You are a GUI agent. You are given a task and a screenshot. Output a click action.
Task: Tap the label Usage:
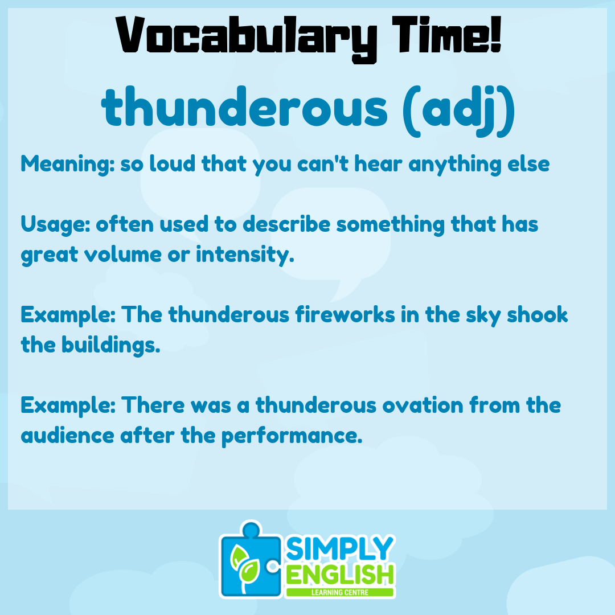click(x=55, y=224)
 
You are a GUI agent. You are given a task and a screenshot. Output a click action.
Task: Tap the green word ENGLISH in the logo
click(x=341, y=575)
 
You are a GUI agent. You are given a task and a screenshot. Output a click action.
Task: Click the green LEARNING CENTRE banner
click(x=341, y=592)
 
